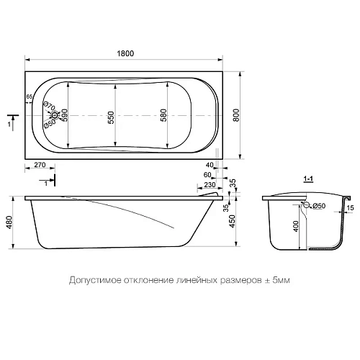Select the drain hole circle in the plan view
55,115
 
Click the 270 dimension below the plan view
40,165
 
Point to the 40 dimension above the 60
209,165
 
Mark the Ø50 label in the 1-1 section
319,207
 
